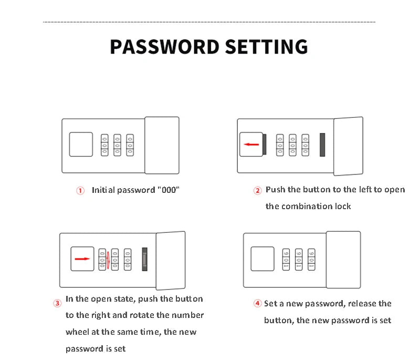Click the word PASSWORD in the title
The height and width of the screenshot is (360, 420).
[x=165, y=47]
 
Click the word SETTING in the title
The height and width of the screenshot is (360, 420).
[x=267, y=47]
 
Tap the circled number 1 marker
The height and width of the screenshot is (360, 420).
[x=80, y=191]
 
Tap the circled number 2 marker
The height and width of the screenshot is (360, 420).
[x=257, y=191]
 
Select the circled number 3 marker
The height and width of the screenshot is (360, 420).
[x=57, y=303]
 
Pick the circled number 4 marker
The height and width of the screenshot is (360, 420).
[x=257, y=303]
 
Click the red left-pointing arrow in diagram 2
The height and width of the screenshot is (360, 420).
[x=251, y=145]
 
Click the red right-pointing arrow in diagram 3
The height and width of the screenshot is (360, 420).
[x=82, y=259]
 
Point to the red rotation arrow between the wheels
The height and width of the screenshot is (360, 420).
[x=108, y=260]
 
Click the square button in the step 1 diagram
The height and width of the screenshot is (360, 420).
[x=81, y=144]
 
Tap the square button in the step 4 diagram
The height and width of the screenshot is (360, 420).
[x=262, y=259]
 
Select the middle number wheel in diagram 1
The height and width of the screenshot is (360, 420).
[x=117, y=145]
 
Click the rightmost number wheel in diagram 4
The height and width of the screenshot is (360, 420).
[x=311, y=260]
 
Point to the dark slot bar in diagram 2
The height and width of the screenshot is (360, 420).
[x=322, y=145]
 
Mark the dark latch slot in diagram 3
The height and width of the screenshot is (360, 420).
[x=145, y=259]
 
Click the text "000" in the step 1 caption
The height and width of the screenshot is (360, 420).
[x=169, y=190]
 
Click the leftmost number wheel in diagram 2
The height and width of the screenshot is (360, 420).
[x=280, y=145]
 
